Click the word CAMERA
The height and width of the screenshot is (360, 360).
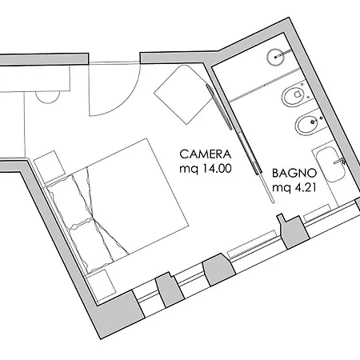click(x=205, y=154)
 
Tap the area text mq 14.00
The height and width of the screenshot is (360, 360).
click(x=206, y=169)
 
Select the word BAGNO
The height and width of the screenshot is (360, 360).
click(x=294, y=174)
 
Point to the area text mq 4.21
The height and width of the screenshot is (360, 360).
click(x=294, y=188)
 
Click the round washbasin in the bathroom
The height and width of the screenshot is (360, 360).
click(x=275, y=57)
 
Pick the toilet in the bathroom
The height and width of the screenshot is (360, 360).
click(x=294, y=95)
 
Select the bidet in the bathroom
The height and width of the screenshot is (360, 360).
click(x=310, y=123)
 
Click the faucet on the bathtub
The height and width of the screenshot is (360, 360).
click(x=340, y=161)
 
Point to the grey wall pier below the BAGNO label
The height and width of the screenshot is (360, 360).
click(x=294, y=230)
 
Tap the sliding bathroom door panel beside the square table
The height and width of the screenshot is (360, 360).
click(x=219, y=107)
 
